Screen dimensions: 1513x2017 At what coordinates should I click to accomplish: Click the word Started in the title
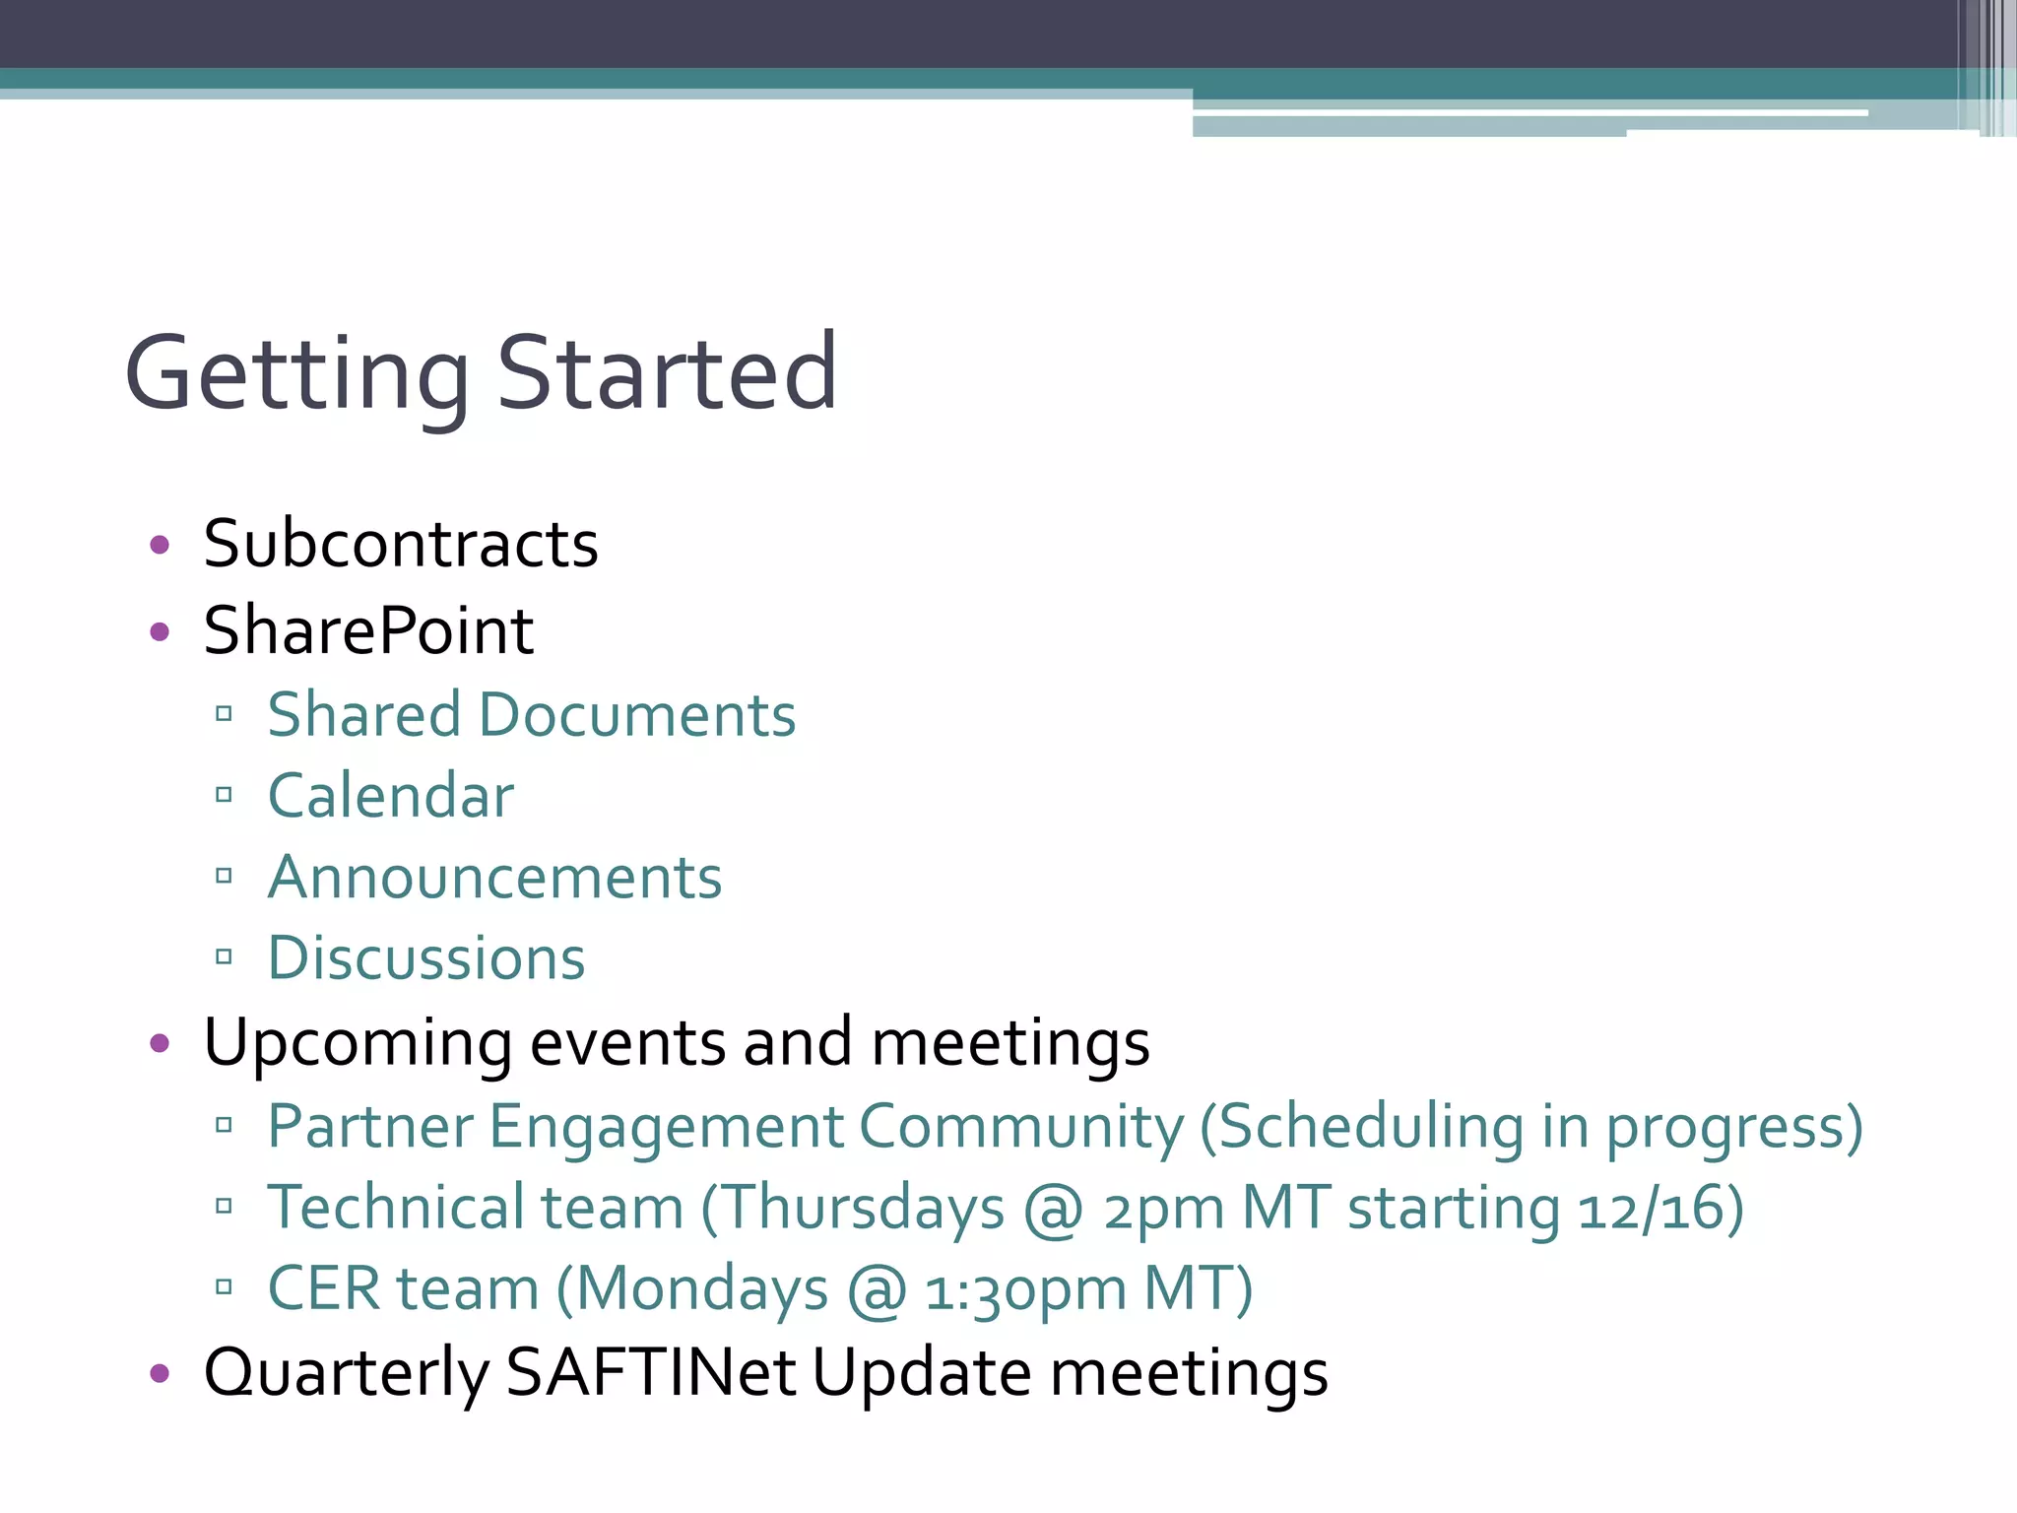point(667,374)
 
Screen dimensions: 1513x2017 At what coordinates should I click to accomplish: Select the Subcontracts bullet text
point(400,544)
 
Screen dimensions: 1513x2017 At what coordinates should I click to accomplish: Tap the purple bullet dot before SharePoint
point(160,631)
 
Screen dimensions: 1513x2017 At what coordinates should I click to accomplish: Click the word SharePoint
point(368,630)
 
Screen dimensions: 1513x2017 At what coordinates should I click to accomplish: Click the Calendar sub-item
point(391,796)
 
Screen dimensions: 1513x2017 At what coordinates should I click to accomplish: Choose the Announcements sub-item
point(494,877)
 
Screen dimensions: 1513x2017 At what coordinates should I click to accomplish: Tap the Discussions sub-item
point(426,957)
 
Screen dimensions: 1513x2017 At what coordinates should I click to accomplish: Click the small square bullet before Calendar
point(224,795)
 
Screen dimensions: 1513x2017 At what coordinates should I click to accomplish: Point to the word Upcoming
point(358,1043)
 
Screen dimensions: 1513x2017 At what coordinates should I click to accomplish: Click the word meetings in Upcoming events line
point(1010,1043)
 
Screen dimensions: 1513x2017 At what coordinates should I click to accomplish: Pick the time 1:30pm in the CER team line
point(1024,1290)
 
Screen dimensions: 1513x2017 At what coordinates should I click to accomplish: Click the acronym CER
point(324,1288)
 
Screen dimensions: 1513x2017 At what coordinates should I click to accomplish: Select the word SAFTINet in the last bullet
point(650,1372)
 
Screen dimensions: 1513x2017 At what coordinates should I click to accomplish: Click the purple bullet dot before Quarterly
point(160,1373)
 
